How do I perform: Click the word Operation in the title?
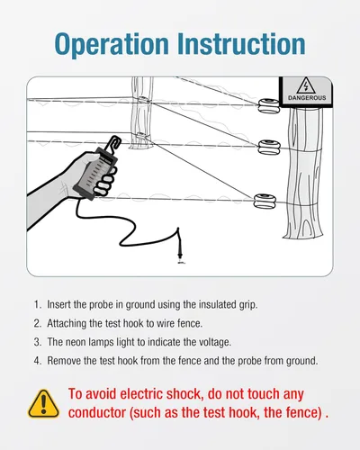(x=112, y=44)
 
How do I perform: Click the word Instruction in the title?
(x=241, y=43)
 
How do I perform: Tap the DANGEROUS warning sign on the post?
(x=306, y=91)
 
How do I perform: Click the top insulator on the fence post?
(x=268, y=106)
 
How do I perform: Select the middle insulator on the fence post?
(x=269, y=147)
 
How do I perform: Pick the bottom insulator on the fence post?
(x=265, y=201)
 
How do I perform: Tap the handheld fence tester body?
(x=95, y=174)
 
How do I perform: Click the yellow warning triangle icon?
(x=43, y=404)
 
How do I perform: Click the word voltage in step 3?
(x=215, y=343)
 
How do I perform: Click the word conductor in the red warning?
(x=97, y=412)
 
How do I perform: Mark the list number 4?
(x=37, y=361)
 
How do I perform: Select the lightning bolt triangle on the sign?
(x=306, y=86)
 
